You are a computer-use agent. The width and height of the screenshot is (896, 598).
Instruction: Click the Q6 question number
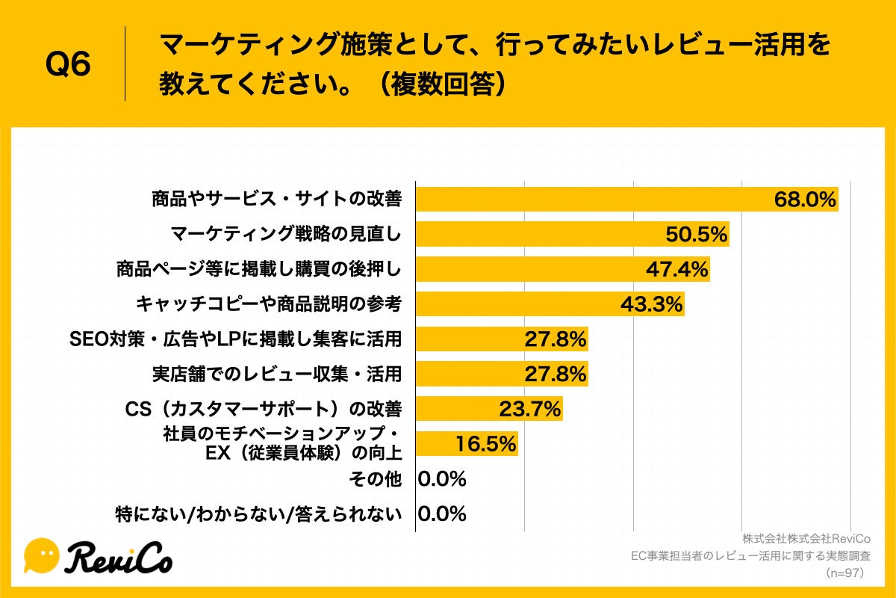click(x=68, y=65)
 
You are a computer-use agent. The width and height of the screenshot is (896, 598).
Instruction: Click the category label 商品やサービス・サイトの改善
click(x=277, y=200)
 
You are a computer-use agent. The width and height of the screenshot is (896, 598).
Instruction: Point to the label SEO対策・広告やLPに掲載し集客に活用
click(x=236, y=339)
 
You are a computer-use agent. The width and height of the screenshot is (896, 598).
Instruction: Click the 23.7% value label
click(x=529, y=409)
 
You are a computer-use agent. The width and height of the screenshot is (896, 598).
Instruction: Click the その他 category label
click(x=376, y=478)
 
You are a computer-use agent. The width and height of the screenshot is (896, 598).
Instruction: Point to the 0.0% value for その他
click(x=442, y=478)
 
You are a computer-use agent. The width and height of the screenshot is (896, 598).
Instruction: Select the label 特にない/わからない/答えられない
click(x=258, y=514)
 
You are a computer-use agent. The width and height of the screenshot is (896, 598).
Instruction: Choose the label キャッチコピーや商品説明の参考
click(x=269, y=304)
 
